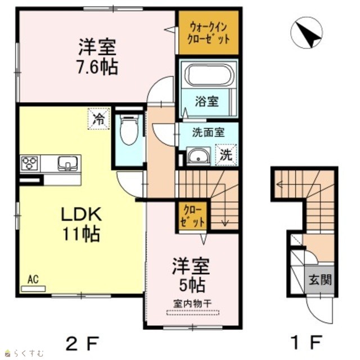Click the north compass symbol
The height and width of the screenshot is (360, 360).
(306, 32)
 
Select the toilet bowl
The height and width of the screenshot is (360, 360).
(129, 130)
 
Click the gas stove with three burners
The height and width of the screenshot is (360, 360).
(29, 163)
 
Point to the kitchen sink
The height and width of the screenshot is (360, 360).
(67, 163)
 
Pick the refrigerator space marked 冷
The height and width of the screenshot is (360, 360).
(98, 119)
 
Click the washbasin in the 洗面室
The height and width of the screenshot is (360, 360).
(199, 156)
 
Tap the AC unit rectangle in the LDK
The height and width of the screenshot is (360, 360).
(33, 289)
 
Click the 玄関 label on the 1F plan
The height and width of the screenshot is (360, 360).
(320, 280)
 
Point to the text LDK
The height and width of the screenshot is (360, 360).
(81, 214)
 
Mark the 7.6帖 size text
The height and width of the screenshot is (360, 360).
(97, 67)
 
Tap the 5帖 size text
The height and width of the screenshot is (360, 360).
(192, 285)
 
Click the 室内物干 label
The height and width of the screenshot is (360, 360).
(192, 304)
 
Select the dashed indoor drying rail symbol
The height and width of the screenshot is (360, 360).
(193, 313)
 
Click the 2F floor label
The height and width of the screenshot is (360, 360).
(82, 343)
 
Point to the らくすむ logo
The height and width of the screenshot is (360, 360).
(25, 353)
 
